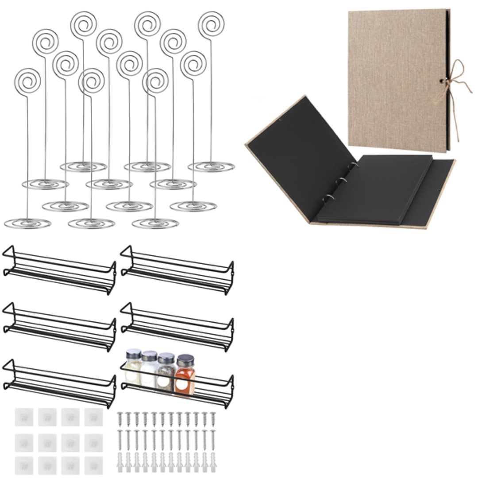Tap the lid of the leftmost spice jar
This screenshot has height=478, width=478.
(x=133, y=354)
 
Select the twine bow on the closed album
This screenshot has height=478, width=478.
(x=455, y=84)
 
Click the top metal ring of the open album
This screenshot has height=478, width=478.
(x=353, y=166)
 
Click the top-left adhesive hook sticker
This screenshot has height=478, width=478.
(x=23, y=417)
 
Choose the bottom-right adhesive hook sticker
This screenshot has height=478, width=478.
(x=93, y=465)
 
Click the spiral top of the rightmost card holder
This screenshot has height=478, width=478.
(x=211, y=24)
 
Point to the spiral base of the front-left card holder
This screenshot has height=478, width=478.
(x=27, y=223)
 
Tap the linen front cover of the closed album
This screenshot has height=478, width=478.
(x=396, y=80)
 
